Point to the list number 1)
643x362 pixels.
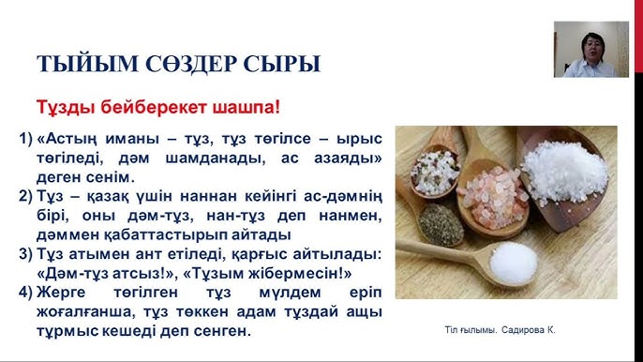(25, 138)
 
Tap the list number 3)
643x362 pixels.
(25, 254)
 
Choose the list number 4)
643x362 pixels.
(25, 292)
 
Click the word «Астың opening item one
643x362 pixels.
(68, 138)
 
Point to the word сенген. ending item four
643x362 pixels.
(221, 330)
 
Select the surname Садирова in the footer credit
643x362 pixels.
(531, 330)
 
